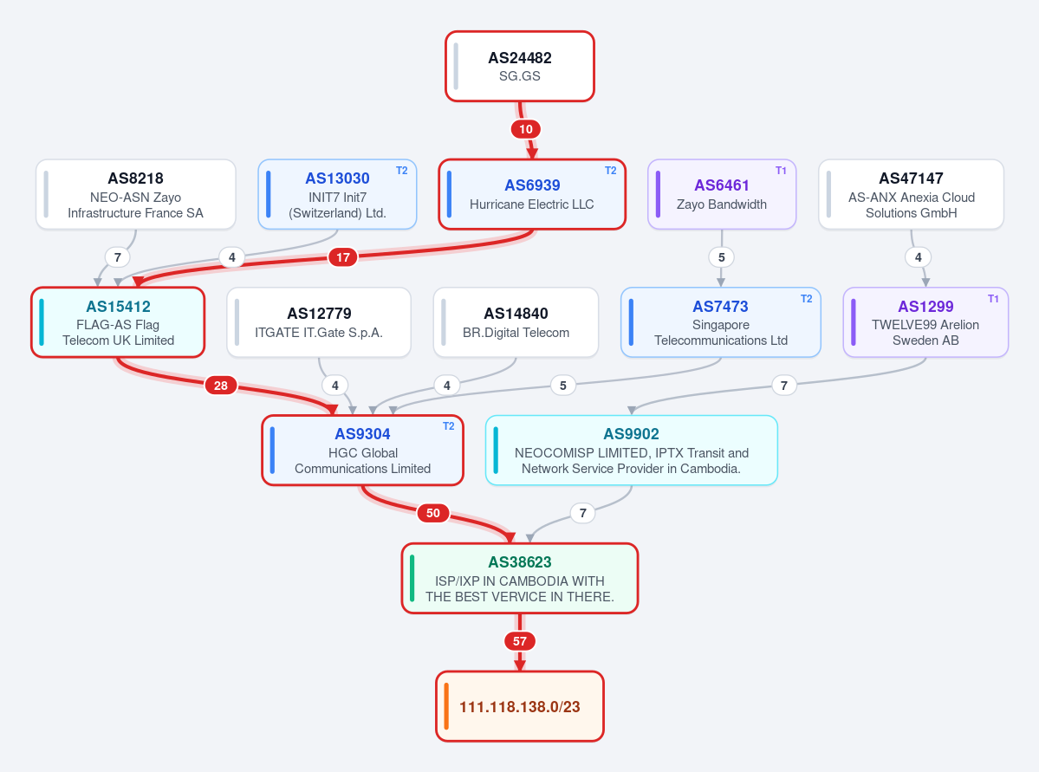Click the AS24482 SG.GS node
pos(520,66)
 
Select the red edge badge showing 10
pos(525,129)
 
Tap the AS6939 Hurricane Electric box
pos(532,194)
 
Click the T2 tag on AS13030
pos(401,171)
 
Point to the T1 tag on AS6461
pos(781,171)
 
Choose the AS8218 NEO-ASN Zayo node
pos(136,194)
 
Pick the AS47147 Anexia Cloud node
pos(911,194)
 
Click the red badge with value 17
pos(342,257)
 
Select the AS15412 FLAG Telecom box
pos(118,322)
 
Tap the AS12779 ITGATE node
pos(319,322)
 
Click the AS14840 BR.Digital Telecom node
pos(516,322)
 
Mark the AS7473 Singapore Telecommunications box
pos(721,322)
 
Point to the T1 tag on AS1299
pos(992,299)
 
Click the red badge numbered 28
pos(221,385)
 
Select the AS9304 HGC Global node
pos(362,451)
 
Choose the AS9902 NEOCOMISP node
pos(632,451)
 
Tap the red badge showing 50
pos(432,513)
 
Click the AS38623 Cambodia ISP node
pos(520,579)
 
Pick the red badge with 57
pos(520,641)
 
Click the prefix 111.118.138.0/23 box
pos(520,706)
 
